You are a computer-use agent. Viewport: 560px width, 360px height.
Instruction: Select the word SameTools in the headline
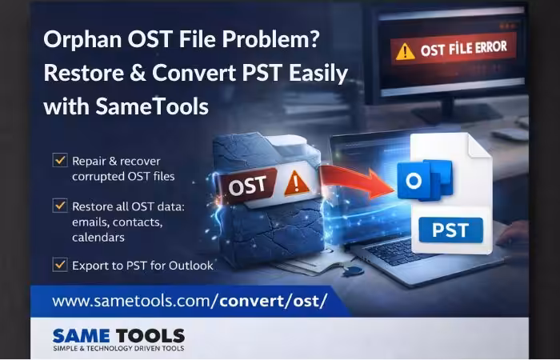[x=152, y=106]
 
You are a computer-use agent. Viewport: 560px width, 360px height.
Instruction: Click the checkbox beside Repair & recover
[x=60, y=160]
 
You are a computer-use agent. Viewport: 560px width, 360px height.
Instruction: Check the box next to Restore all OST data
[x=60, y=206]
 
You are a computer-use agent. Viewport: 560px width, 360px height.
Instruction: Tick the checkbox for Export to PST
[x=60, y=265]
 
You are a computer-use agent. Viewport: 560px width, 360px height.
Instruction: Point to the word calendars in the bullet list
[x=98, y=238]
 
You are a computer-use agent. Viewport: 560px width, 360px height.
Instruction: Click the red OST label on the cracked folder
[x=247, y=186]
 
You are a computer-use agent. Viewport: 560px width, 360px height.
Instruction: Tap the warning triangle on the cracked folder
[x=296, y=184]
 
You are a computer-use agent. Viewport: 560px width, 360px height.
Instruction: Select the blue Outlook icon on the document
[x=425, y=180]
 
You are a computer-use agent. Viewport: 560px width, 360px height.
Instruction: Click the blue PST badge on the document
[x=450, y=230]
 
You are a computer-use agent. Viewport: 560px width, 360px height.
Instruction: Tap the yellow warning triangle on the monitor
[x=405, y=52]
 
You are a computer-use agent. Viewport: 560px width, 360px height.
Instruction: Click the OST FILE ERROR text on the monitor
[x=463, y=49]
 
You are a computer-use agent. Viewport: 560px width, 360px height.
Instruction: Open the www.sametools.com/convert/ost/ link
[x=190, y=301]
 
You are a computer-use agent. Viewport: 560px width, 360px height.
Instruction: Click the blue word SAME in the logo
[x=81, y=336]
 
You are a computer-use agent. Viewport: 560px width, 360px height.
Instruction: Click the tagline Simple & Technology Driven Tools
[x=118, y=348]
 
